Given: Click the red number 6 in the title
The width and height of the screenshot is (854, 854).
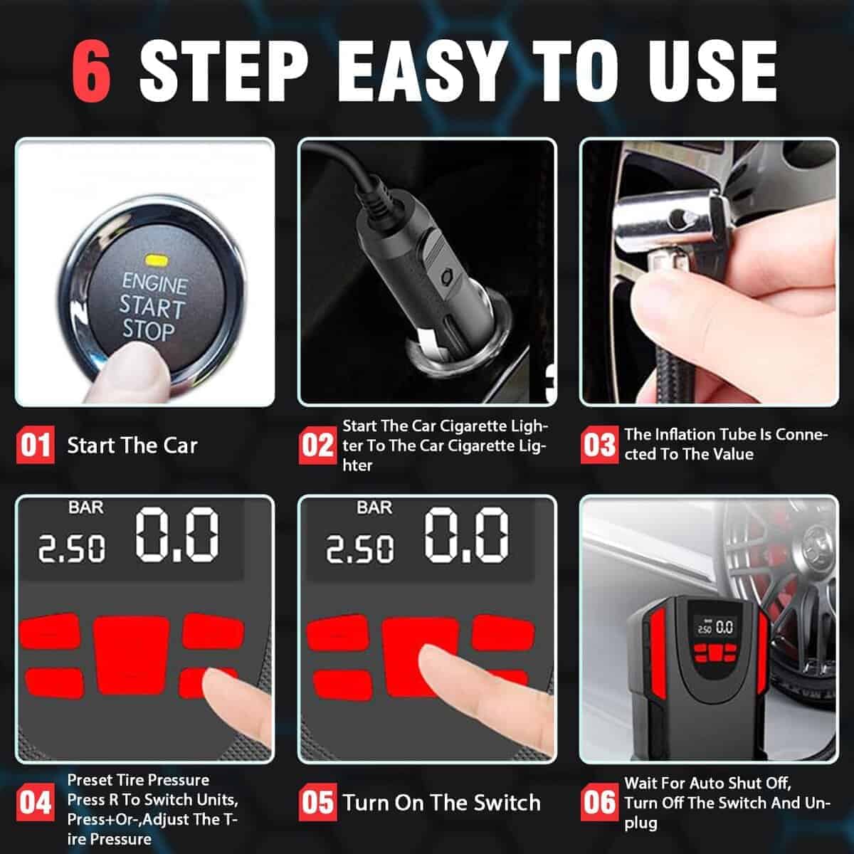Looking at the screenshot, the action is point(91,71).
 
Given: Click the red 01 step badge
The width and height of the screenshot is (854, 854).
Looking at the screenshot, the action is point(36,445).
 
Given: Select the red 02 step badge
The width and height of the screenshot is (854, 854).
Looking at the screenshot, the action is point(317,445).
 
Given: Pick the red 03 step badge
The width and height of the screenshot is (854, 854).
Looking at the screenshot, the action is point(599,445).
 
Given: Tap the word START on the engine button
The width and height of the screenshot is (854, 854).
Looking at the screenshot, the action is point(152,307).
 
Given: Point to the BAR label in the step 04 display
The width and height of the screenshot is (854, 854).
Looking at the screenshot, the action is point(85,507).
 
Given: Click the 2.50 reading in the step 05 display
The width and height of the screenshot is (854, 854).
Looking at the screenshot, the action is point(360,549).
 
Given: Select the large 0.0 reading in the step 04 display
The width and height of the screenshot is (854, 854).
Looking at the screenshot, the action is point(176,534).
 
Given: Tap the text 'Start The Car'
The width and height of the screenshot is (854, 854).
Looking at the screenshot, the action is point(132,446).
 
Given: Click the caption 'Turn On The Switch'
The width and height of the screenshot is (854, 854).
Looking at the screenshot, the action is point(441,803).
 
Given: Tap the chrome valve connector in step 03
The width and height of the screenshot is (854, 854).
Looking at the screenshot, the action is point(669,221).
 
